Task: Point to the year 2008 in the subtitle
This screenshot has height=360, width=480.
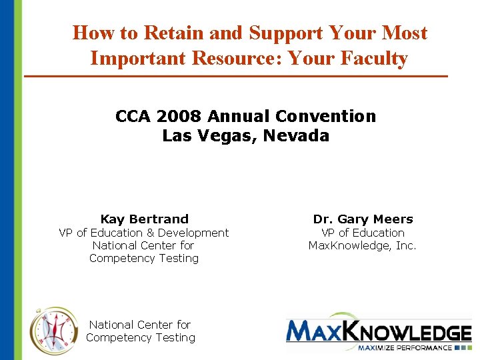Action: pos(179,116)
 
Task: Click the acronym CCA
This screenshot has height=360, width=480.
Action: pos(133,116)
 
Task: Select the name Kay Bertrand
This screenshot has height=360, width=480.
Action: pos(144,219)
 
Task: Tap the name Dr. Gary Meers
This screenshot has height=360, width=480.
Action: pos(363,219)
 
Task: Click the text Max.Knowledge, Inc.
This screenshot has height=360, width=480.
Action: pos(362,245)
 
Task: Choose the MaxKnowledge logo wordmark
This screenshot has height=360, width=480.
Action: pos(378,331)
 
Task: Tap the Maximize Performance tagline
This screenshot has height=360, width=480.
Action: pos(404,347)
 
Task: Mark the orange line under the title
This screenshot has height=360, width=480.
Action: pos(236,77)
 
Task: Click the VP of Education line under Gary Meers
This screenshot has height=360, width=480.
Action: pos(363,233)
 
